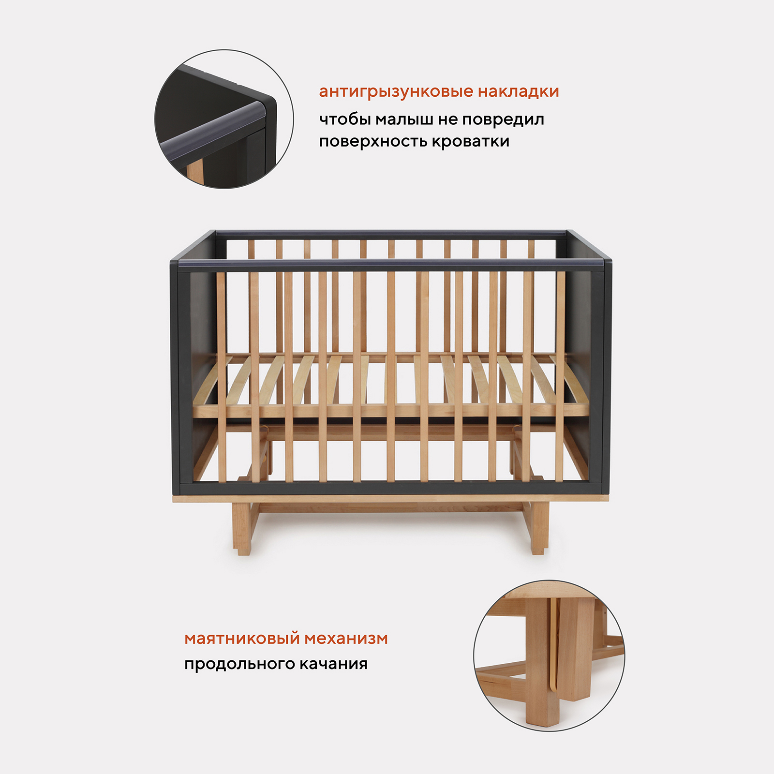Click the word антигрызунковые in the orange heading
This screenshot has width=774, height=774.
point(396,92)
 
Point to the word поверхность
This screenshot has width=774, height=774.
point(373,141)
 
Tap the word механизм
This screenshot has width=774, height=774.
point(346,639)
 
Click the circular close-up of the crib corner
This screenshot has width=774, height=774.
point(224,119)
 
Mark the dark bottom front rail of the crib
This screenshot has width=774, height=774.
point(391,488)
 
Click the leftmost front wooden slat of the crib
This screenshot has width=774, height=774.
point(221,376)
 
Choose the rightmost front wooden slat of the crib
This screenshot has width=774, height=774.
point(560,376)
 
